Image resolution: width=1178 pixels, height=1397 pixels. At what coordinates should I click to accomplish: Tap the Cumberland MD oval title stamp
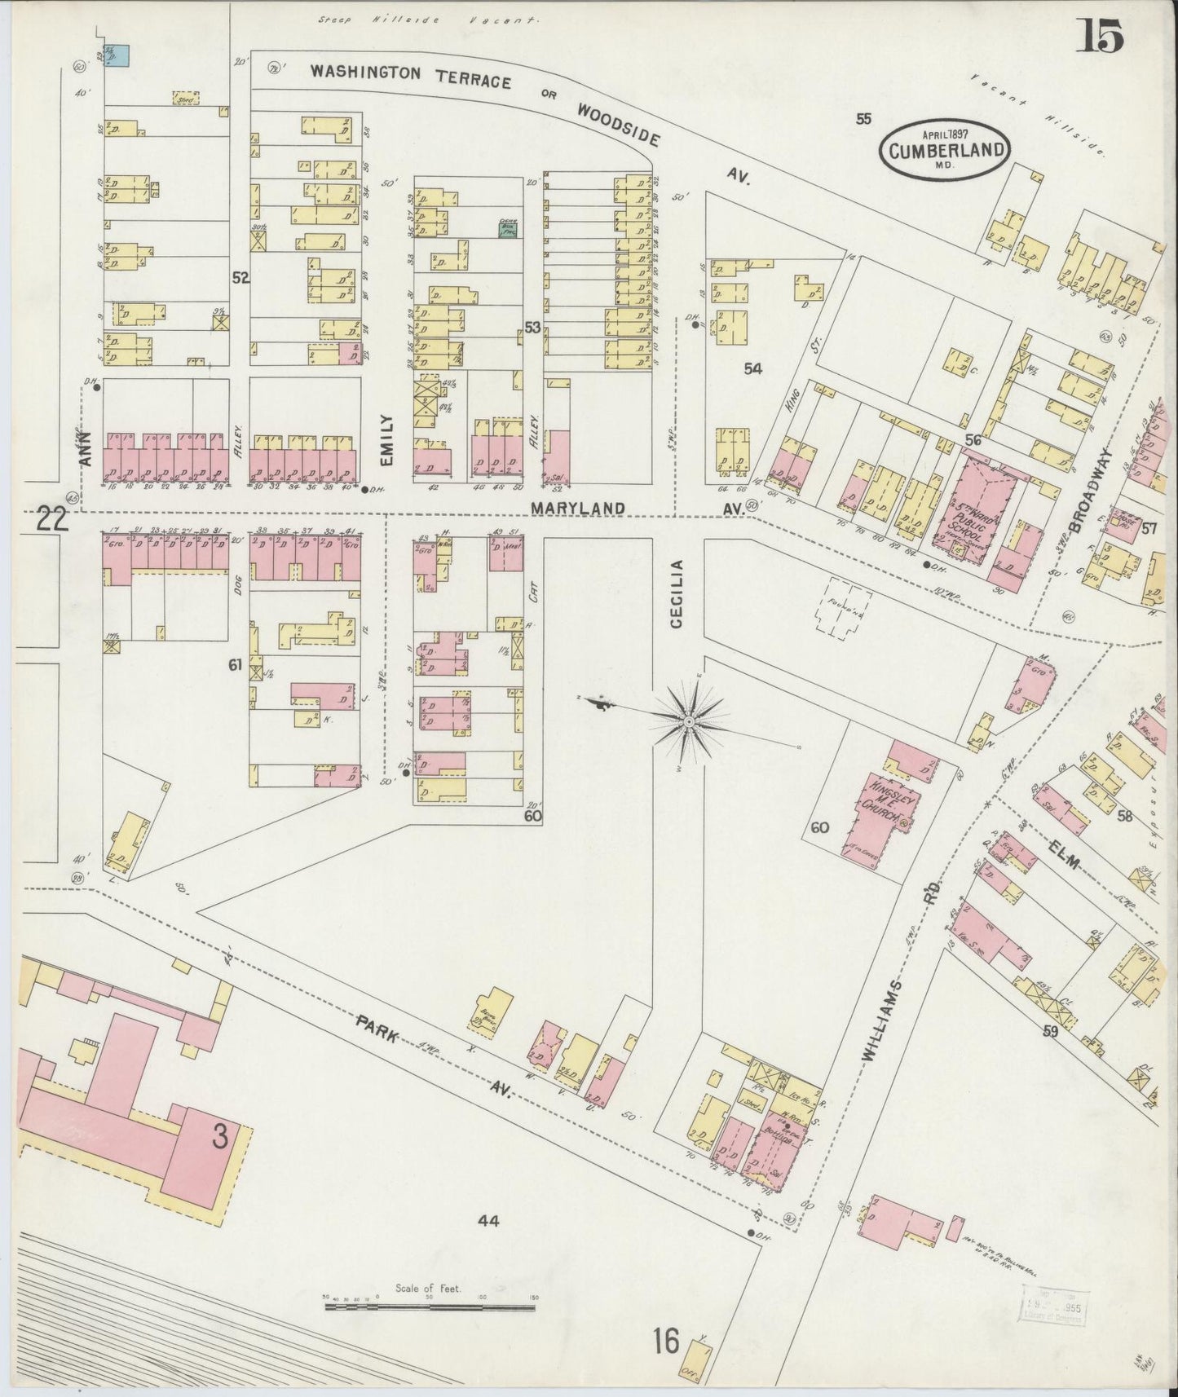pos(943,149)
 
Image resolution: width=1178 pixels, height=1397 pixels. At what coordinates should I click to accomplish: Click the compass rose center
pos(689,721)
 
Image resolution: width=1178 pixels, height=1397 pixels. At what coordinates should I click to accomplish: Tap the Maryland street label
pos(579,508)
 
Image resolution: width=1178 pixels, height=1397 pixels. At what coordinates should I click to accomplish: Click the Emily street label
pos(386,439)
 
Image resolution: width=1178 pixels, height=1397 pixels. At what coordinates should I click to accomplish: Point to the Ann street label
pos(86,448)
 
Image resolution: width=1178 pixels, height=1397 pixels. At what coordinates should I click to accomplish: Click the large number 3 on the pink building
pos(219,1137)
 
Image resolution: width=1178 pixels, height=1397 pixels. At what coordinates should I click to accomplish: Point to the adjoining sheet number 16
pos(665,1341)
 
